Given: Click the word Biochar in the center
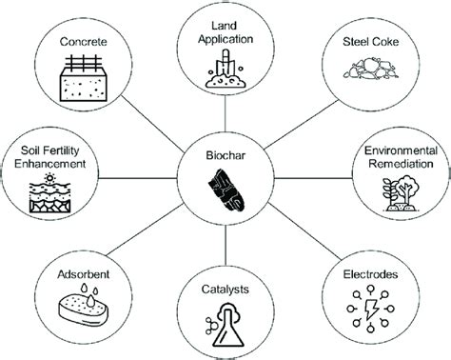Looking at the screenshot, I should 225,152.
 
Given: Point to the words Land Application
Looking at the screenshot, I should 225,34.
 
